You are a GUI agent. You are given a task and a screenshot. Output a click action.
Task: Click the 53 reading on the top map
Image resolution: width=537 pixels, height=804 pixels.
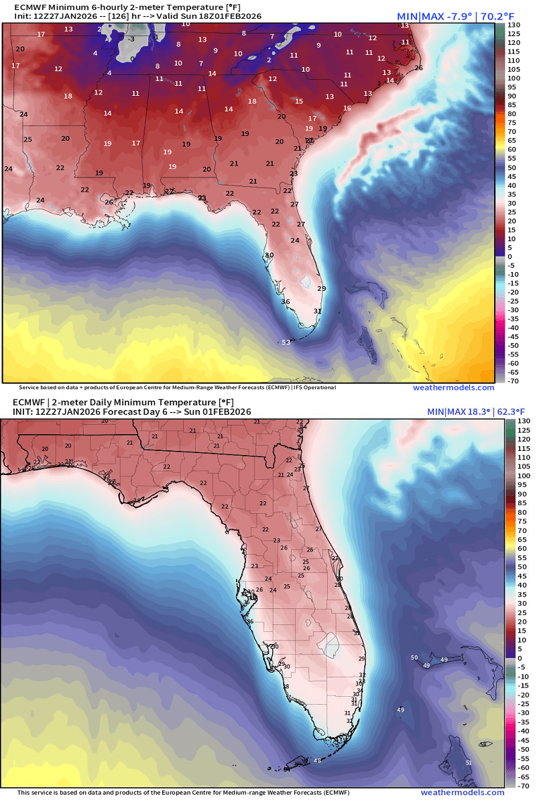pyautogui.click(x=286, y=342)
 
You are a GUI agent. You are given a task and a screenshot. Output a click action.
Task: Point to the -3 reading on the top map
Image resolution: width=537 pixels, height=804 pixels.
pyautogui.click(x=132, y=39)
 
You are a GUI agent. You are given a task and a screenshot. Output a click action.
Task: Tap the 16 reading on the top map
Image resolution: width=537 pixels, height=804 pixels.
pyautogui.click(x=347, y=108)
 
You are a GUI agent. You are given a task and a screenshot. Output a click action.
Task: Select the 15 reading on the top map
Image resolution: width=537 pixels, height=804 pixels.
pyautogui.click(x=299, y=101)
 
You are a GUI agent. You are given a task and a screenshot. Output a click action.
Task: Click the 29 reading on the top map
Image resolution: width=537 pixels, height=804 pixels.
pyautogui.click(x=321, y=288)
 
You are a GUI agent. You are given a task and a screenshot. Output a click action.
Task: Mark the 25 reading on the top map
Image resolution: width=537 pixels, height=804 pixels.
pyautogui.click(x=27, y=139)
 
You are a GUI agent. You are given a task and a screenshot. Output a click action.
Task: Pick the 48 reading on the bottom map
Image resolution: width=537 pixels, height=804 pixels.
pyautogui.click(x=317, y=760)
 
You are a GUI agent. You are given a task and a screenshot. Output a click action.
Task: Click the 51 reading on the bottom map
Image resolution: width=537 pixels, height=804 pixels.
pyautogui.click(x=469, y=762)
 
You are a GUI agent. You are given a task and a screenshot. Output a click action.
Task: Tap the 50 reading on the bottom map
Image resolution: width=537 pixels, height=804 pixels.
pyautogui.click(x=414, y=657)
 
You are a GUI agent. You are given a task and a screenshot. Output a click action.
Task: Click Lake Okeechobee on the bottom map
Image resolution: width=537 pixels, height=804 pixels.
pyautogui.click(x=329, y=645)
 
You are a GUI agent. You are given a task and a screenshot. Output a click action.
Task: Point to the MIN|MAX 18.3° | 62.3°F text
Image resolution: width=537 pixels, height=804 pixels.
pyautogui.click(x=475, y=411)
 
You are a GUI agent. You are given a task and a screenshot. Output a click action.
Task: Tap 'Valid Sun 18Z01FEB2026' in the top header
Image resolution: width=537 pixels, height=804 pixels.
pyautogui.click(x=221, y=15)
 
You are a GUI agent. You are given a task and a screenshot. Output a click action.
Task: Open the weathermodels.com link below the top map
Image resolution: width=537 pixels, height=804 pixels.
pyautogui.click(x=453, y=387)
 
